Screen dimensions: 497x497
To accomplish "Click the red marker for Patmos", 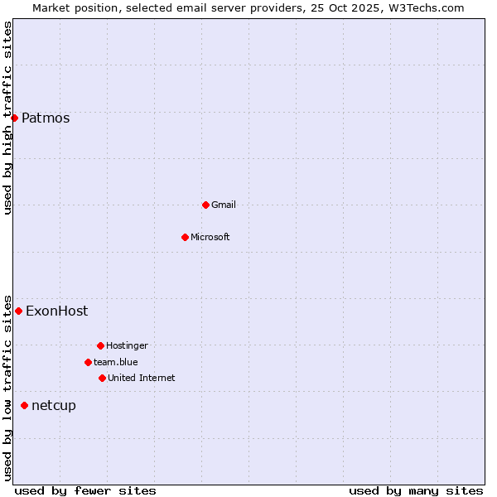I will tap(14, 118).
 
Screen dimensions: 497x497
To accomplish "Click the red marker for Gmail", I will tap(205, 205).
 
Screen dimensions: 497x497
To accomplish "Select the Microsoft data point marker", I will tap(185, 237).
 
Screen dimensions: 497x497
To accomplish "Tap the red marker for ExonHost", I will tap(18, 311).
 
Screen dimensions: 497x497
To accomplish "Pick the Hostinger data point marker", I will tap(100, 345).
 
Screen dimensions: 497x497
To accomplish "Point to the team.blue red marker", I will tap(88, 362).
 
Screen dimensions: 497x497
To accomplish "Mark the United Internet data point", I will tap(102, 378).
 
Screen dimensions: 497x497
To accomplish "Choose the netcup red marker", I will tap(24, 405).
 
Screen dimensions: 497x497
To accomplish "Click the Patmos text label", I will tap(46, 118).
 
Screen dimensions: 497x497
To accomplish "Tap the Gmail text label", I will tap(224, 205).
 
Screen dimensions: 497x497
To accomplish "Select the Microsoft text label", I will tap(210, 237).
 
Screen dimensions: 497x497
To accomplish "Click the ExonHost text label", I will tap(56, 311).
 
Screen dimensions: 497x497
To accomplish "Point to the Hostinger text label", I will tap(127, 345).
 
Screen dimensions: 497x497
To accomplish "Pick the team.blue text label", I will tap(116, 362).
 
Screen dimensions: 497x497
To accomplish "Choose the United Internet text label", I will tap(141, 378).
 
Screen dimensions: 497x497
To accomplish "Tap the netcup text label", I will tap(53, 405).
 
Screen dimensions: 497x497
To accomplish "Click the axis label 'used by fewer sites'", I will tap(85, 490).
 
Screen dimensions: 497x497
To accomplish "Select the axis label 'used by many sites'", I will tap(416, 490).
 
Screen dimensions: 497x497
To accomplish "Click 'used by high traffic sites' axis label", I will tap(8, 118).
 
